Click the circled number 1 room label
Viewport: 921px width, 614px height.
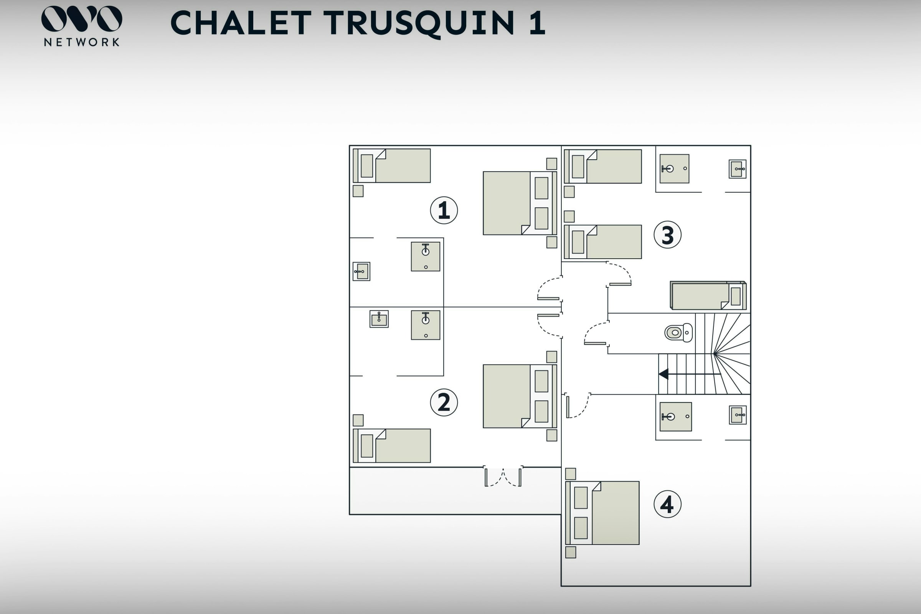click(x=444, y=210)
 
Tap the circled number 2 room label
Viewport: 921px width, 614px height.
click(x=444, y=402)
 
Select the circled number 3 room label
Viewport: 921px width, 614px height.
click(x=667, y=235)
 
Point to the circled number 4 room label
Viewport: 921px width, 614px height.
click(x=667, y=504)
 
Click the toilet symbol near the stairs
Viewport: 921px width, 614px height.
click(x=678, y=333)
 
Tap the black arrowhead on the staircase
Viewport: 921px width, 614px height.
click(x=664, y=374)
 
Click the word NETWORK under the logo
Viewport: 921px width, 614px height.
click(x=81, y=42)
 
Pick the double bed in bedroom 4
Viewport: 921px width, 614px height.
click(x=603, y=513)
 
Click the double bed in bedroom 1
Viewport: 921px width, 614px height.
click(x=519, y=203)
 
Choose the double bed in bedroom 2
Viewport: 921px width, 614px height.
click(x=519, y=396)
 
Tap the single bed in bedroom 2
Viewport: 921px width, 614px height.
click(x=392, y=446)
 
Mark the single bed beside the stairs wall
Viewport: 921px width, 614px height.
click(x=708, y=295)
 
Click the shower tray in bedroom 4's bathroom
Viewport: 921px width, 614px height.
click(x=675, y=417)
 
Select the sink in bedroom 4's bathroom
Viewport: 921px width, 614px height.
click(x=737, y=415)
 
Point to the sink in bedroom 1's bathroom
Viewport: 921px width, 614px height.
click(x=361, y=271)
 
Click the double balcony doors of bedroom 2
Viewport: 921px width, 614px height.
click(x=503, y=477)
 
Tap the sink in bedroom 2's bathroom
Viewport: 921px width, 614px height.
click(x=379, y=319)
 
